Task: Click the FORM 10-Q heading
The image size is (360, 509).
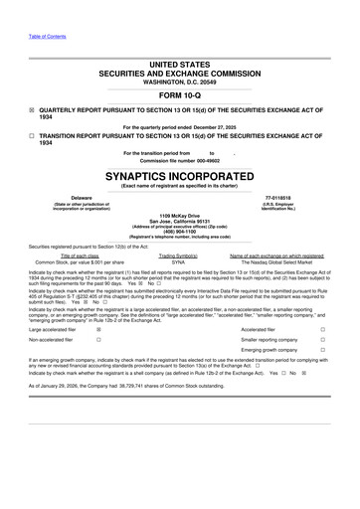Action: click(180, 93)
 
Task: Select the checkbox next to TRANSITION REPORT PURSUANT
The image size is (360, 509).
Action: click(32, 138)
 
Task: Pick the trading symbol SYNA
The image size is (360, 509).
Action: click(179, 261)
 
